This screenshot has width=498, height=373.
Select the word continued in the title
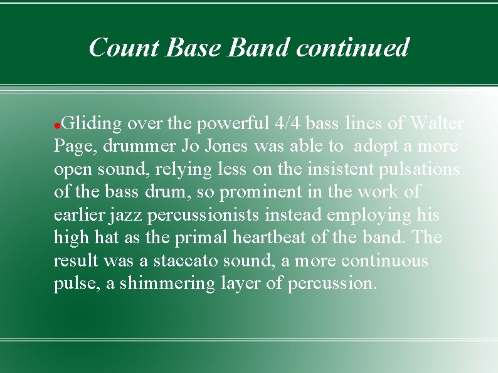352,48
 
